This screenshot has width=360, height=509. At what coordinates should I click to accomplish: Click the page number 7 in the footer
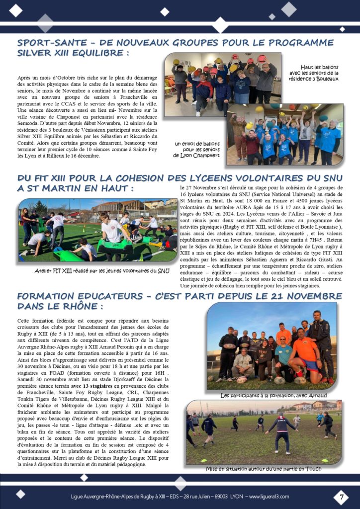click(x=341, y=497)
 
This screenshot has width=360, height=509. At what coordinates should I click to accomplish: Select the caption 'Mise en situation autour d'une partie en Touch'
click(x=264, y=468)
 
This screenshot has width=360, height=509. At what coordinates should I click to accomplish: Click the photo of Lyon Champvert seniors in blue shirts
click(x=284, y=134)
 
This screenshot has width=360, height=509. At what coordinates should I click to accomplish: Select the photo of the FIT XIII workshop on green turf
click(x=97, y=231)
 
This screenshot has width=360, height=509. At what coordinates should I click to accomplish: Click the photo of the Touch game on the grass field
click(x=264, y=432)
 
